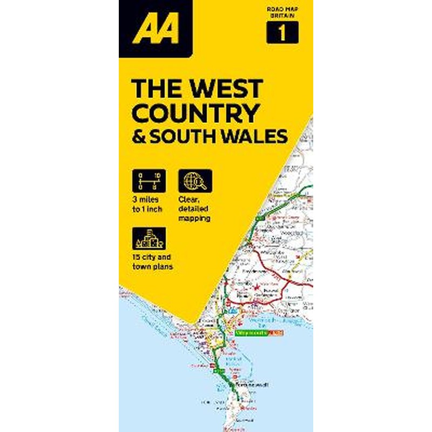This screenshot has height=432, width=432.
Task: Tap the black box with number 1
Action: pyautogui.click(x=282, y=33)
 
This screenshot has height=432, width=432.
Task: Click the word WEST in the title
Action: pyautogui.click(x=225, y=89)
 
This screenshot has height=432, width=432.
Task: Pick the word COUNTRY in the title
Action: pyautogui.click(x=195, y=113)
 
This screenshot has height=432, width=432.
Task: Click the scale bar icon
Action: pyautogui.click(x=148, y=180)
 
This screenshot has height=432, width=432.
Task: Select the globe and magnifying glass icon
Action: pyautogui.click(x=195, y=180)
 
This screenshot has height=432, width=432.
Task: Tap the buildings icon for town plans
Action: pyautogui.click(x=148, y=238)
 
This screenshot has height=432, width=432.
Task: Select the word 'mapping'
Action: pyautogui.click(x=194, y=219)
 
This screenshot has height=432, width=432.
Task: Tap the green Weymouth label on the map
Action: pyautogui.click(x=252, y=334)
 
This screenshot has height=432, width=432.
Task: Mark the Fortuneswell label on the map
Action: pyautogui.click(x=250, y=384)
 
